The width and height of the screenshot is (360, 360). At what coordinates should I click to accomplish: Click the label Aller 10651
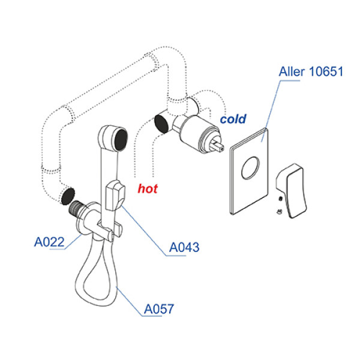coord(310,73)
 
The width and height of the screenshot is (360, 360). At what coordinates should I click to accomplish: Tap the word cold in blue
coord(233,119)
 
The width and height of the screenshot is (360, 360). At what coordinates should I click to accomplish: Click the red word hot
coord(148,188)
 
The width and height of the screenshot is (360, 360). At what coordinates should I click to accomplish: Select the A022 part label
coord(49,243)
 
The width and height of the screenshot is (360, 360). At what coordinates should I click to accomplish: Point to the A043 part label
coord(184,247)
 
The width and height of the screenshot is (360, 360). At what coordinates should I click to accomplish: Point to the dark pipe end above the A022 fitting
coord(68,196)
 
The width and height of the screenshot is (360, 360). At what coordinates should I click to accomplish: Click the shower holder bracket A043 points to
coord(114,195)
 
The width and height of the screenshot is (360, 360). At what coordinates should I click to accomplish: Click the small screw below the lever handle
coord(279,211)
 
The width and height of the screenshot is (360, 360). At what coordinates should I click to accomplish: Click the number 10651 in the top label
coord(326,73)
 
